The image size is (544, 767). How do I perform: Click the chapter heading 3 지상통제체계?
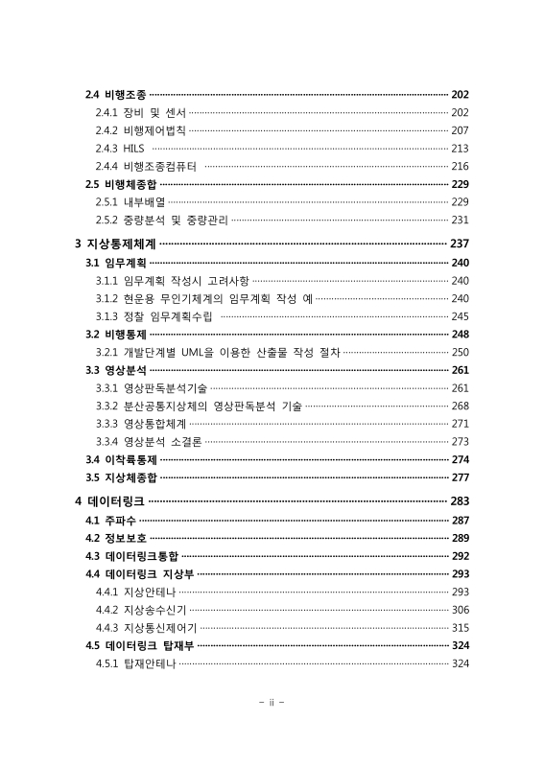[x=116, y=244]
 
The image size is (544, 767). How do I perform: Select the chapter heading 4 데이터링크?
[x=109, y=500]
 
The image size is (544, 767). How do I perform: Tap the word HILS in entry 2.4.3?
[x=132, y=148]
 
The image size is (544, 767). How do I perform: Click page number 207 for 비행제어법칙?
[x=459, y=130]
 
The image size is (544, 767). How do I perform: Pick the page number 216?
[x=459, y=166]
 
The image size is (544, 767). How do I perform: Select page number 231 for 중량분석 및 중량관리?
[x=459, y=220]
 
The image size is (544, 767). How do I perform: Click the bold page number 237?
[x=459, y=244]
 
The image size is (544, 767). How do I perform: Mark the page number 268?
[x=459, y=406]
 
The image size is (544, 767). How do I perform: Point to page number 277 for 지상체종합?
[x=459, y=477]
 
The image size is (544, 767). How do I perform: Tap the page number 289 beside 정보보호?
[x=459, y=538]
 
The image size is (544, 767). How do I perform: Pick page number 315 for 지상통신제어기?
[x=459, y=627]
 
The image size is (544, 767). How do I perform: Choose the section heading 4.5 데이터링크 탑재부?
[x=139, y=645]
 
